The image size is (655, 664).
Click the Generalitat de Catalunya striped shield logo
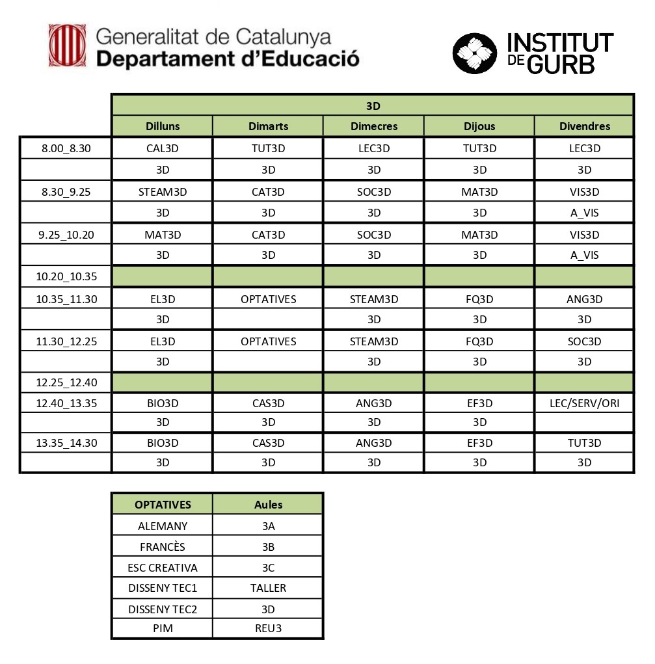[68, 46]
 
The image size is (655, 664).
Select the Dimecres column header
[373, 126]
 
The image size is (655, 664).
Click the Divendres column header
[584, 126]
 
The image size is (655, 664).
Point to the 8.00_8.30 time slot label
[66, 148]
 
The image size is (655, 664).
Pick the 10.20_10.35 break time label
[66, 276]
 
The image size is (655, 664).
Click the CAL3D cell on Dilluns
[163, 148]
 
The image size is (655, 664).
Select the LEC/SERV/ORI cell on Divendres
[584, 403]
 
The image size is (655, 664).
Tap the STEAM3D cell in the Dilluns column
[163, 192]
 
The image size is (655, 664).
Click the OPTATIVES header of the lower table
[163, 504]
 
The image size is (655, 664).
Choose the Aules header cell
[268, 504]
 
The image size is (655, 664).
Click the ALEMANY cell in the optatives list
[163, 526]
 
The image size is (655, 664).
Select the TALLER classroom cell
[268, 588]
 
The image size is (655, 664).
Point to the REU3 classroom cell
[268, 629]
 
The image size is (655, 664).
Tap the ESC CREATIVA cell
[163, 567]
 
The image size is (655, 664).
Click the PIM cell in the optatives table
[163, 629]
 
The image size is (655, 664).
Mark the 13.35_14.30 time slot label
[66, 443]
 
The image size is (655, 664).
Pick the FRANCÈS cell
[163, 546]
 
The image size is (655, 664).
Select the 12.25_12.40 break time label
[66, 382]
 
